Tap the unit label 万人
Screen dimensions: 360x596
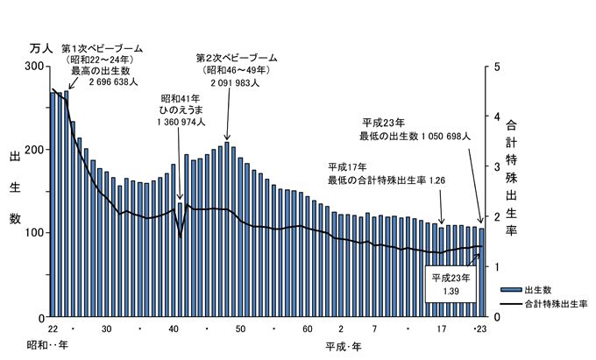click(40, 48)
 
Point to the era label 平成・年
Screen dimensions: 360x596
click(342, 345)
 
